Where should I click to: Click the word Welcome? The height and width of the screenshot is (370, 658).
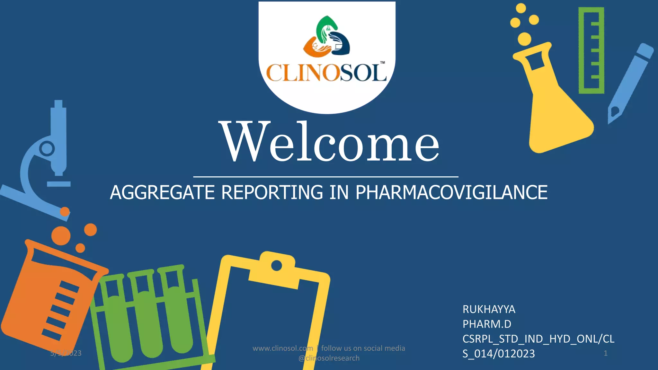(330, 142)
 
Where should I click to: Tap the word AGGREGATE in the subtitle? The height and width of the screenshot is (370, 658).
(162, 193)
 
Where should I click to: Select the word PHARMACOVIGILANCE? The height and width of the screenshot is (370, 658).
(451, 193)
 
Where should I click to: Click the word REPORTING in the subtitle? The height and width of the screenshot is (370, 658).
(272, 193)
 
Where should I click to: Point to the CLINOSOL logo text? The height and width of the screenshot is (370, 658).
(326, 73)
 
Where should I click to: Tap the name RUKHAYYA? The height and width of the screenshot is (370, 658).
(489, 309)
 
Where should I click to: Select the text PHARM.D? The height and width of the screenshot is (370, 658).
(487, 324)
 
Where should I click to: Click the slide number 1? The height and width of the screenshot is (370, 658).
(606, 353)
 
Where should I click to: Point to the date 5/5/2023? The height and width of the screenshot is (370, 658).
(66, 353)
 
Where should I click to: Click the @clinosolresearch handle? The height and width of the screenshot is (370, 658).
(329, 358)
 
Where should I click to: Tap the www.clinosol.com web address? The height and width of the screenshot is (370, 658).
(283, 348)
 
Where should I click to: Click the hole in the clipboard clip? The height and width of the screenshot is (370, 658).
(276, 266)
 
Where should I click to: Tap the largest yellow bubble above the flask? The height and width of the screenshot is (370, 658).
(524, 39)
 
